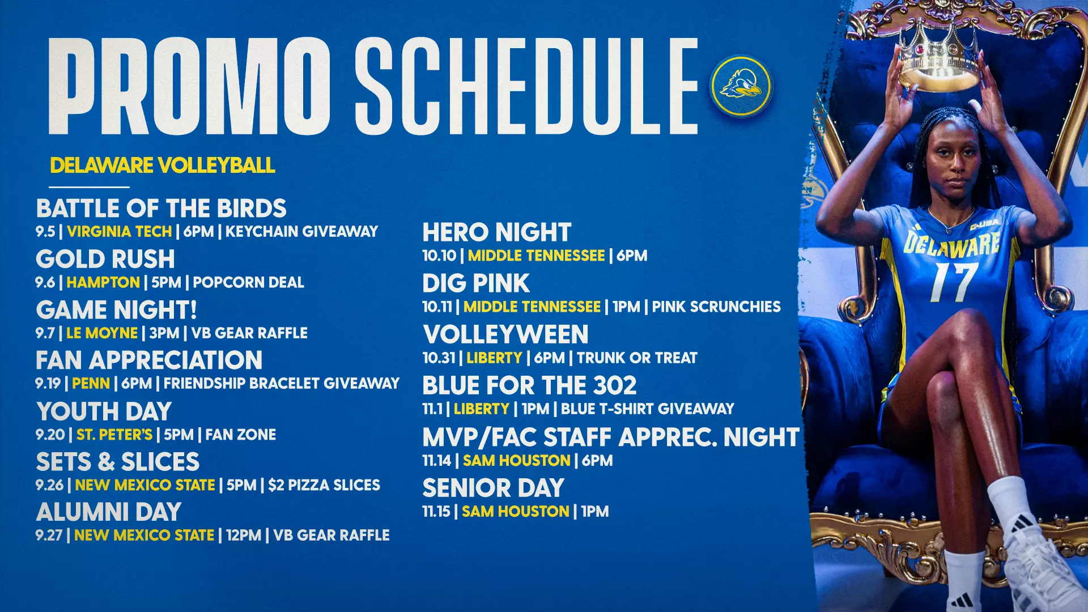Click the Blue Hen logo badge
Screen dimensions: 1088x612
tap(741, 86)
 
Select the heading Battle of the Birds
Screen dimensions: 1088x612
tap(161, 209)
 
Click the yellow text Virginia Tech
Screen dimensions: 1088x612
tap(120, 231)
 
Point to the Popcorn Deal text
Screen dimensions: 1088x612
tap(248, 282)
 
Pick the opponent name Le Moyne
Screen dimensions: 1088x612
tap(102, 333)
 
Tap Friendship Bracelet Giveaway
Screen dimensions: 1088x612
tap(282, 383)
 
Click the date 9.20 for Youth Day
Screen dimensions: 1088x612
tap(50, 435)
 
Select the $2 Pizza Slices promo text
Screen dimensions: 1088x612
tap(324, 485)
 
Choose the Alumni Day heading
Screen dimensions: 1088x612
tap(109, 512)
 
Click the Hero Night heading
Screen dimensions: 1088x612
tap(497, 232)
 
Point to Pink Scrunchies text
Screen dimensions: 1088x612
tap(716, 307)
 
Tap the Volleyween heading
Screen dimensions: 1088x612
tap(506, 334)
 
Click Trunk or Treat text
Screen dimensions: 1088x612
tap(637, 358)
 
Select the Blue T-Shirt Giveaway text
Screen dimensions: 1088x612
tap(648, 409)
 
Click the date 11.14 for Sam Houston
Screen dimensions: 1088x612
tap(436, 460)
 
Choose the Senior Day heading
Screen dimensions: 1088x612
tap(494, 488)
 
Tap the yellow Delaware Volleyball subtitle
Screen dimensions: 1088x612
tap(163, 165)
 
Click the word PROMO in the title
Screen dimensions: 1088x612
tap(190, 86)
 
